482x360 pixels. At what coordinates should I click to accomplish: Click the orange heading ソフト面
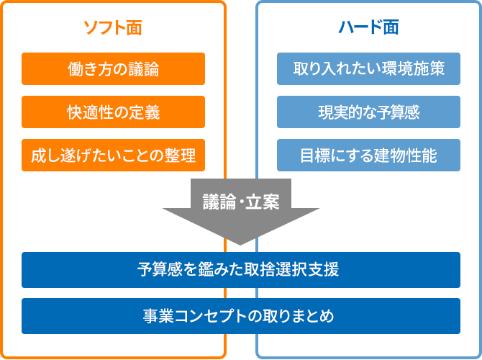113,27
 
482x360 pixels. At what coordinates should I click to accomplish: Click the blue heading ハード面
368,27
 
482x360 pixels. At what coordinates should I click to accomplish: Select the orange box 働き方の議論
113,68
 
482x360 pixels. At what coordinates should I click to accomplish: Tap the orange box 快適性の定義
113,112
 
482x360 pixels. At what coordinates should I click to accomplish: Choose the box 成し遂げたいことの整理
113,155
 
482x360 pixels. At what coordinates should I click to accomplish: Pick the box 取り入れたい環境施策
368,68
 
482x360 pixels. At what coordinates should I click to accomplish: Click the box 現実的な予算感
368,112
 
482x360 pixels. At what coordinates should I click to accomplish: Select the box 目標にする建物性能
368,155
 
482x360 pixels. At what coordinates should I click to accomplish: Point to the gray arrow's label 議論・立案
241,202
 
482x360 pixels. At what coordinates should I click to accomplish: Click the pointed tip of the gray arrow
240,245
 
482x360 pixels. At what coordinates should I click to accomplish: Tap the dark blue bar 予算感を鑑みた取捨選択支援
241,270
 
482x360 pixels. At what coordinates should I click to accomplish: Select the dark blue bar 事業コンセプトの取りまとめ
241,316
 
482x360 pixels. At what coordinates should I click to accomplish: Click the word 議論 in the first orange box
144,69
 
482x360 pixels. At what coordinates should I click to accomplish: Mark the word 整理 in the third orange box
180,156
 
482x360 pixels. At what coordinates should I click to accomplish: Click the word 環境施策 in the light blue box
414,68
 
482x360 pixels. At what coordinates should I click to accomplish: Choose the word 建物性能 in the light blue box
406,156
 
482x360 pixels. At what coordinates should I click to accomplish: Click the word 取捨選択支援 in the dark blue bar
291,269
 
